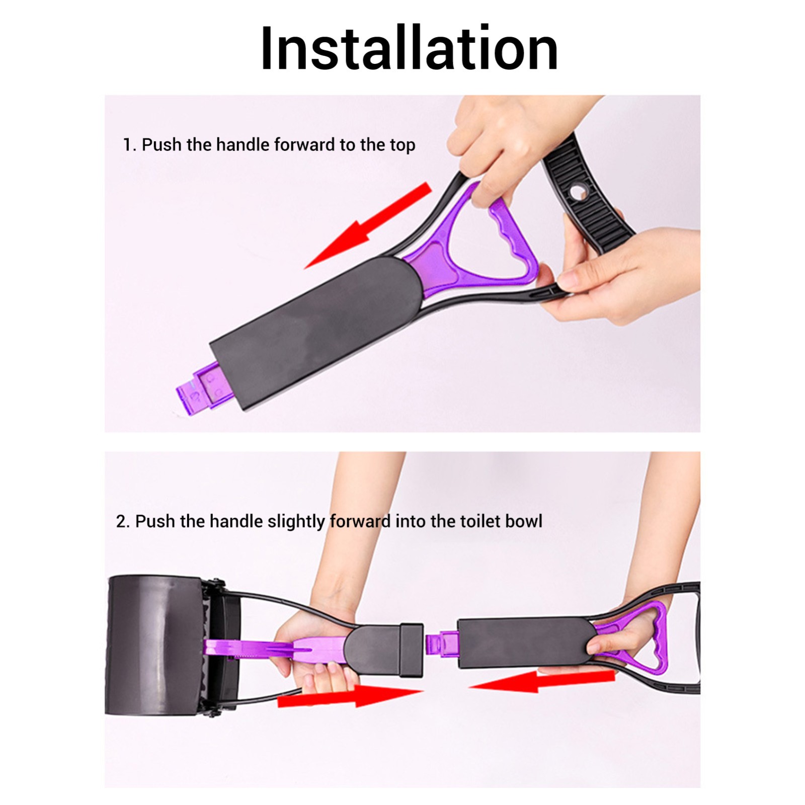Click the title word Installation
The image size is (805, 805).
(409, 48)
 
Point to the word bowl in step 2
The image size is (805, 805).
(524, 521)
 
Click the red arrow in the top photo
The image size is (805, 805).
(368, 226)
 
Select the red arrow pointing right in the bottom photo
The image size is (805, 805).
(350, 695)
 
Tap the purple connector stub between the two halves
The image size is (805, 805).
(442, 645)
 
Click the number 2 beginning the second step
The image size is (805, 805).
(121, 521)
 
